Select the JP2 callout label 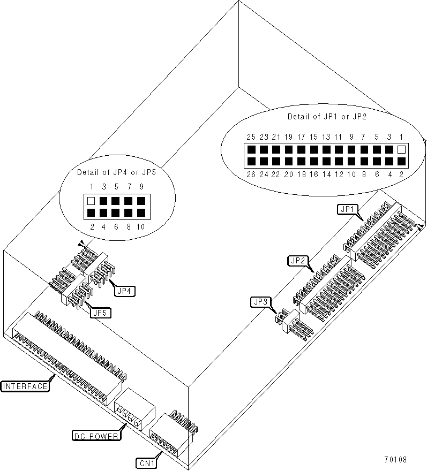tap(298, 261)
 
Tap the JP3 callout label tap(259, 302)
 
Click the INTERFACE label tap(25, 386)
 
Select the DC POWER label tap(96, 435)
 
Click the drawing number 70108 tap(395, 460)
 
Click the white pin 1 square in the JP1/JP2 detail tap(402, 150)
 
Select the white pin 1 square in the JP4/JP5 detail tap(91, 201)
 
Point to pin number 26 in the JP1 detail tap(250, 173)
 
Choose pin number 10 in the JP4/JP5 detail tap(141, 227)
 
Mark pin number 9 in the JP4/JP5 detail tap(141, 187)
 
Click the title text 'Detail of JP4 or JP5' tap(116, 172)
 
